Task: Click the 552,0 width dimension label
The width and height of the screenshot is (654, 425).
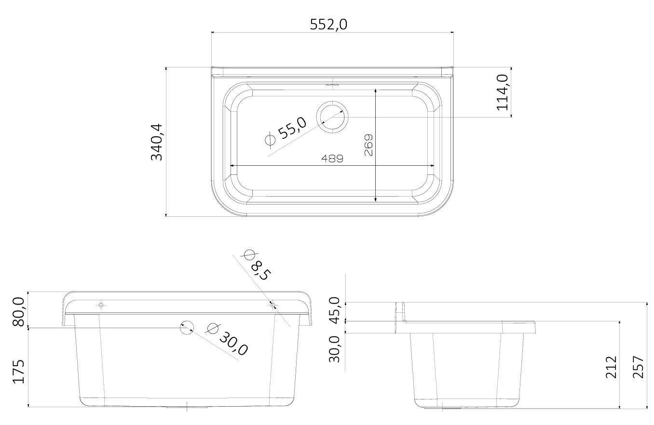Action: [x=328, y=25]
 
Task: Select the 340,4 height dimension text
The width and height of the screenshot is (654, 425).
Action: [x=157, y=142]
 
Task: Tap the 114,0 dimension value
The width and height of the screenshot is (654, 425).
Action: [x=503, y=93]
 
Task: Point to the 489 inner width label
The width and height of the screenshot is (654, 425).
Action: [x=332, y=159]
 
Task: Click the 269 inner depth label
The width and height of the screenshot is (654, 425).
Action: [x=369, y=145]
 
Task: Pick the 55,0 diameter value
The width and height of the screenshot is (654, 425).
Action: [x=292, y=128]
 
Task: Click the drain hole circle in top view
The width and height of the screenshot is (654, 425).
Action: [x=333, y=117]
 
